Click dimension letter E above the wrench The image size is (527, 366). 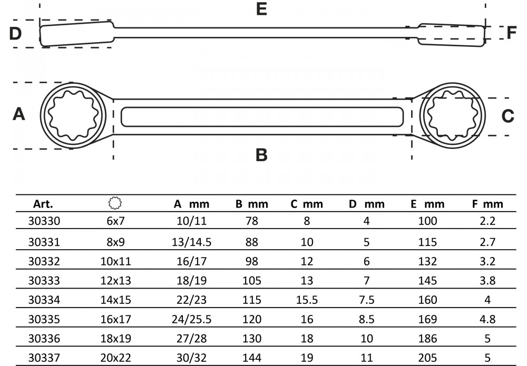click(x=261, y=9)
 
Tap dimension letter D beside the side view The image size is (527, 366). click(x=15, y=34)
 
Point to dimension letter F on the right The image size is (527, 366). click(x=511, y=33)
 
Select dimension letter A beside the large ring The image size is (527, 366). click(x=19, y=114)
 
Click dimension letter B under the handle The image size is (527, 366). click(x=261, y=155)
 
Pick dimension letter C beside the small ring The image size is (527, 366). click(x=508, y=116)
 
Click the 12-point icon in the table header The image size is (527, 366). click(x=115, y=203)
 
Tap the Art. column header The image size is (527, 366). click(x=43, y=204)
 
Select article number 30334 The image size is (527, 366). click(x=44, y=300)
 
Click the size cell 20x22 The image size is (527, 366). click(x=115, y=358)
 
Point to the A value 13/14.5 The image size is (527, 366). click(x=192, y=242)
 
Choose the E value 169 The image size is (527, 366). click(x=427, y=319)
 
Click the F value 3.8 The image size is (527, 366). click(x=487, y=280)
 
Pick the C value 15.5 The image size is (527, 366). click(x=307, y=300)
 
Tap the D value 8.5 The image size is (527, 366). click(x=366, y=319)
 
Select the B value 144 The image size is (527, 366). click(x=252, y=358)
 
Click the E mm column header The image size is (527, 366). click(x=427, y=204)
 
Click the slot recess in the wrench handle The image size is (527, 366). click(x=262, y=117)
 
